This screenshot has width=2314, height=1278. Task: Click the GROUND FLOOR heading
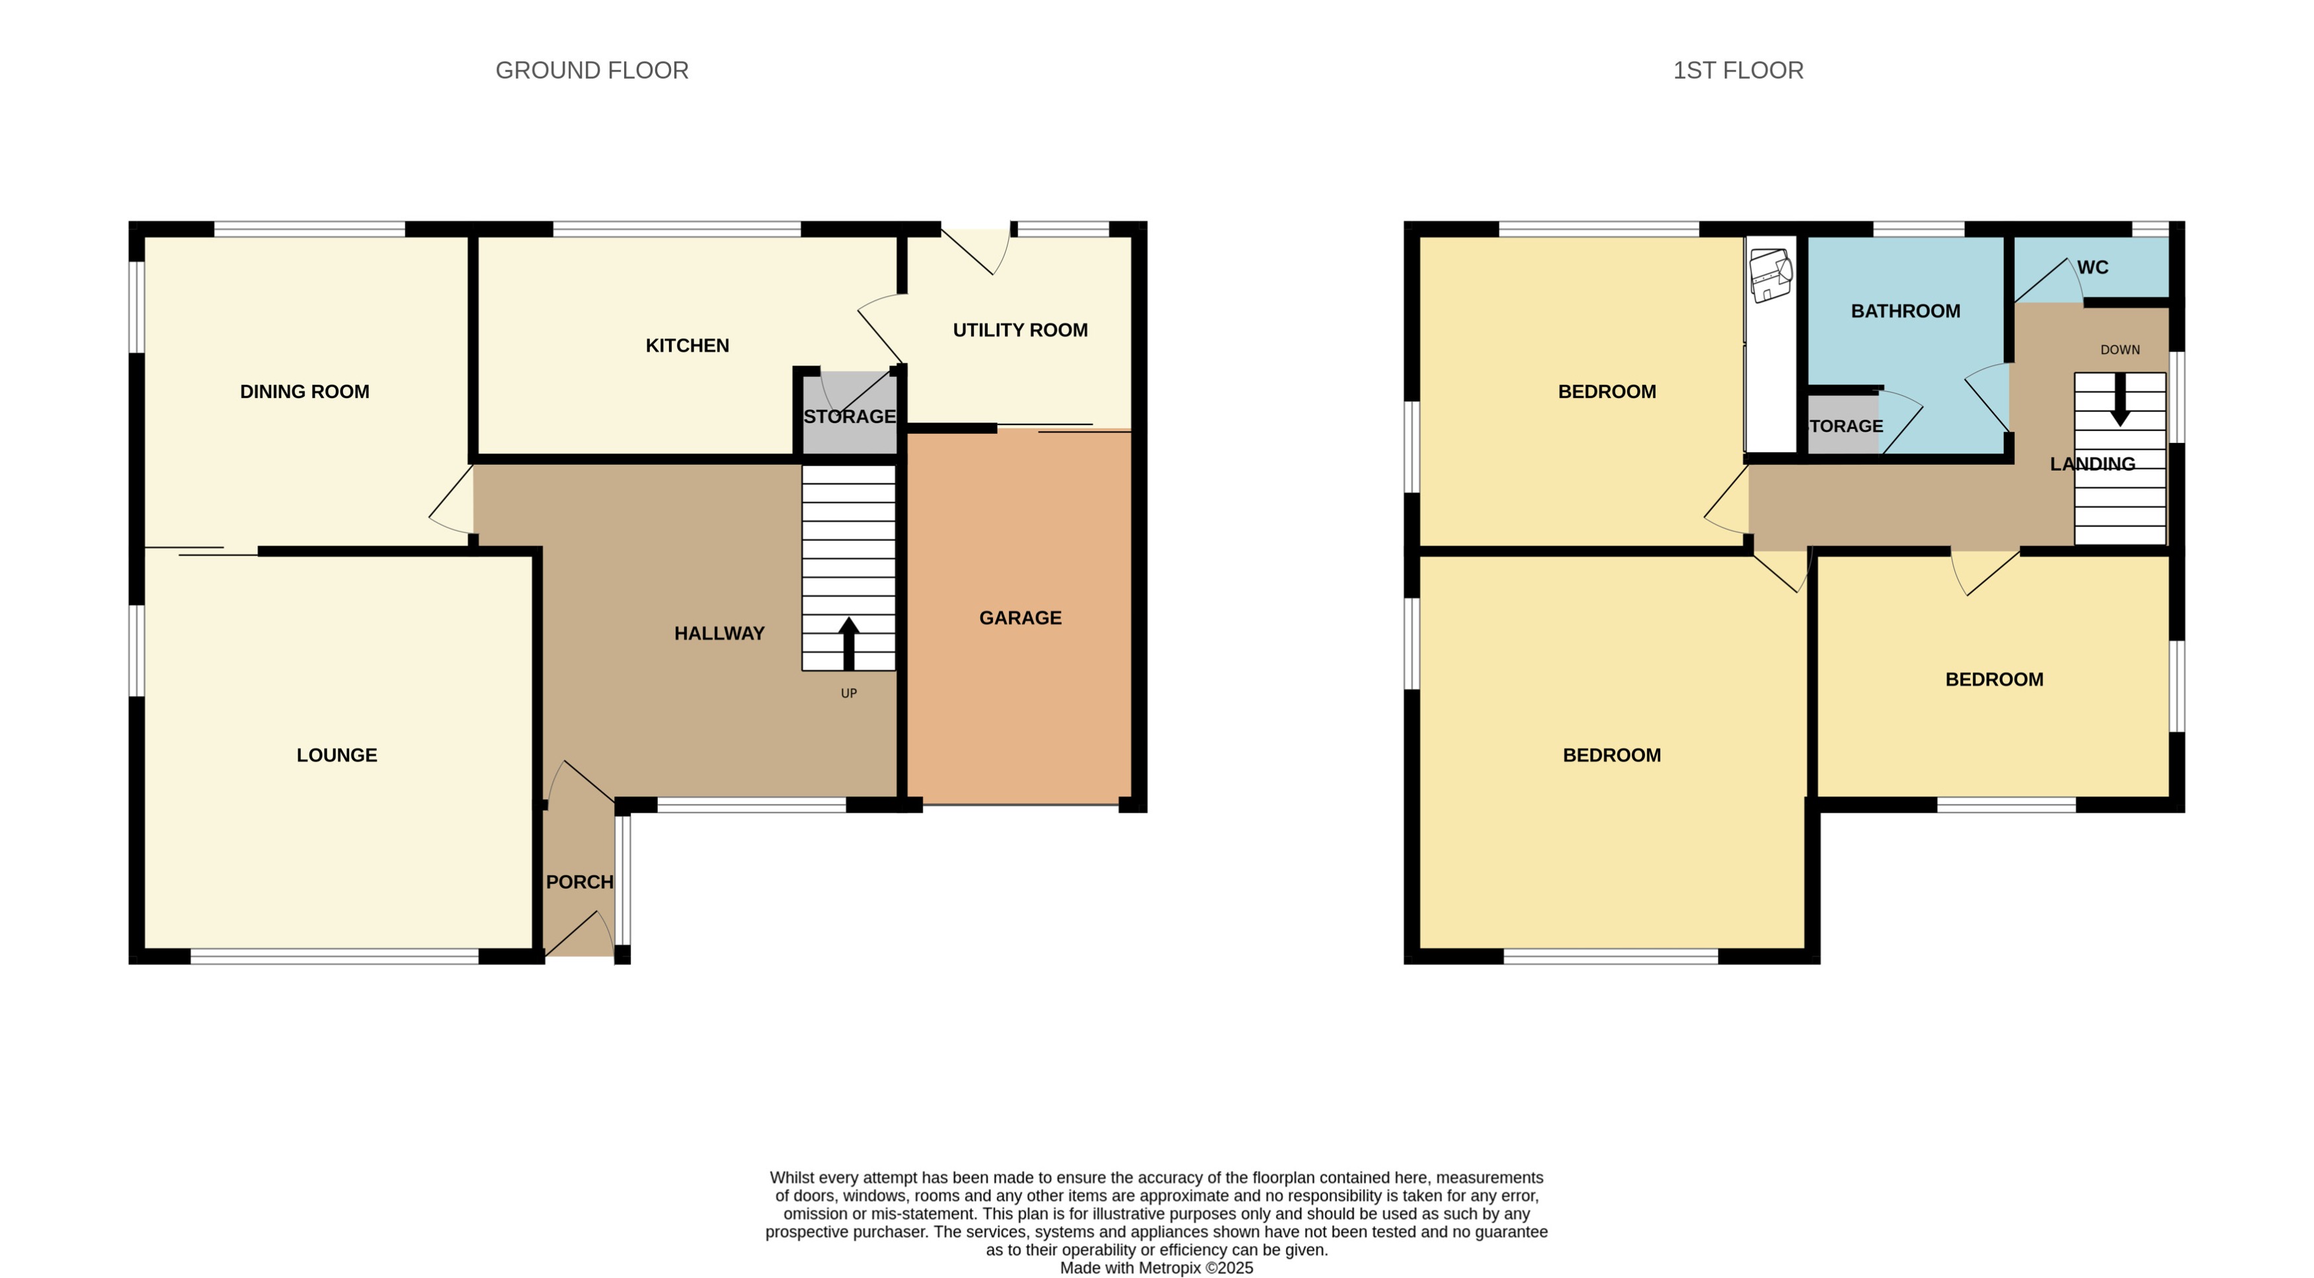(x=592, y=70)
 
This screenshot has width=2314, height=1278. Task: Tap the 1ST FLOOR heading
(x=1737, y=70)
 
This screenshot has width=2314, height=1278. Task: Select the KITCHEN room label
(x=687, y=346)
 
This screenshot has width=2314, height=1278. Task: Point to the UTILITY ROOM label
(x=1019, y=331)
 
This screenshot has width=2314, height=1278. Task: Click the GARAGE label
(x=1019, y=618)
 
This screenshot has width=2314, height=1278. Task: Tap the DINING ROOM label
(x=305, y=391)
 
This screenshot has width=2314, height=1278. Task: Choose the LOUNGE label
(x=337, y=755)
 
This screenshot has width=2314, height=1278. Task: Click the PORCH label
(x=579, y=882)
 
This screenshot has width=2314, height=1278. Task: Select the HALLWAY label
(x=719, y=633)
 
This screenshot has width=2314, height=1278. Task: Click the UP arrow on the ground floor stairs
(x=848, y=642)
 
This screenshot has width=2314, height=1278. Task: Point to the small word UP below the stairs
(x=848, y=694)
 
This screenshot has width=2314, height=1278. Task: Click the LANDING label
(x=2092, y=464)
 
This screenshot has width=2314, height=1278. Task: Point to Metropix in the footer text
(x=1170, y=1268)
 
